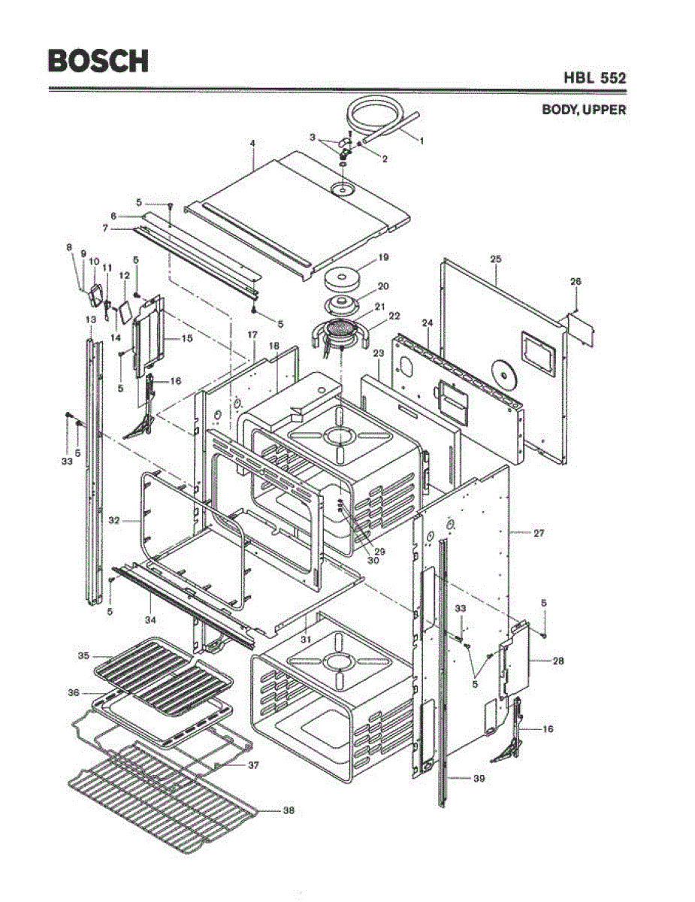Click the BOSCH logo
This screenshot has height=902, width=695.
(x=98, y=60)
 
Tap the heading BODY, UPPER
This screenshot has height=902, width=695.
(x=584, y=110)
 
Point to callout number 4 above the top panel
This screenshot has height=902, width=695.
(x=252, y=143)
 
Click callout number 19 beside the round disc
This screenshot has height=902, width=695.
(x=383, y=257)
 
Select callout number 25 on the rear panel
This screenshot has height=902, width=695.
(x=496, y=259)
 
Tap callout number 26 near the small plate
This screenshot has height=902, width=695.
(x=576, y=282)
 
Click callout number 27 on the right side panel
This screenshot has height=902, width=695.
(x=539, y=533)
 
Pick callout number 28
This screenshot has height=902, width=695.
(x=558, y=661)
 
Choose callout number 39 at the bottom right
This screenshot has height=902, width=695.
(x=479, y=779)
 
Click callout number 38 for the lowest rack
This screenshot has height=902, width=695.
(x=289, y=810)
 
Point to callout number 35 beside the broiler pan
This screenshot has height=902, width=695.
(x=83, y=655)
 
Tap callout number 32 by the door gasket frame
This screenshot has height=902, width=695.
(x=114, y=519)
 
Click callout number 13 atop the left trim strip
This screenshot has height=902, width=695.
(x=90, y=319)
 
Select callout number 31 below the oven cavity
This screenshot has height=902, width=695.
(x=305, y=638)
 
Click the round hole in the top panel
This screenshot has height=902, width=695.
(x=344, y=189)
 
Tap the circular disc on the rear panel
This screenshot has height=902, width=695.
(x=502, y=374)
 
